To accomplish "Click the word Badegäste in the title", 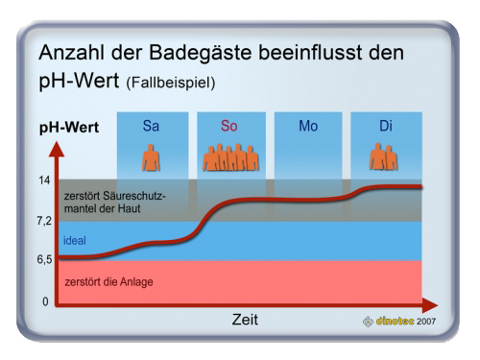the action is [x=201, y=53].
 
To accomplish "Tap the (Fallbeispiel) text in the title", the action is [x=171, y=83].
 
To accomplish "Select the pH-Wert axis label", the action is [x=69, y=128].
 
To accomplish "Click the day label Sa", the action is [x=151, y=126].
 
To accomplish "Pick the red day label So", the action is [x=229, y=126].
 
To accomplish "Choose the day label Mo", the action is [x=308, y=126].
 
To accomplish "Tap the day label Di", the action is [x=386, y=126].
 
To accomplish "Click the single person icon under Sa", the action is [x=151, y=157].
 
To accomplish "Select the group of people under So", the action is [x=230, y=157].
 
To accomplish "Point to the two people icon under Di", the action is [x=383, y=156].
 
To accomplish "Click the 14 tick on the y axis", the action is [x=44, y=180].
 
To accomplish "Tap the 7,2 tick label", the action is [x=44, y=221].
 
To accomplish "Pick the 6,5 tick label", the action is [x=44, y=259].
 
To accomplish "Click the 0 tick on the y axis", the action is [x=45, y=301].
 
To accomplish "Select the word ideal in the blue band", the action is [x=75, y=240].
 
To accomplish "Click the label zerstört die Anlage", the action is [x=108, y=282].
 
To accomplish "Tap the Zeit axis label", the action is [x=245, y=320].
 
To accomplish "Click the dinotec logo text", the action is [x=395, y=321].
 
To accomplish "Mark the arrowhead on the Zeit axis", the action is [x=430, y=305].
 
